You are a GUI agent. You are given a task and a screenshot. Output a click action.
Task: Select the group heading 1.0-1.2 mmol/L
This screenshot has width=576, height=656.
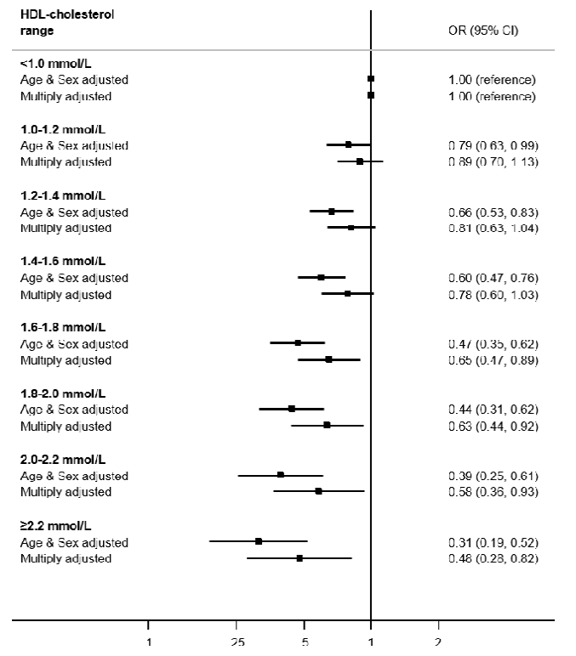[63, 129]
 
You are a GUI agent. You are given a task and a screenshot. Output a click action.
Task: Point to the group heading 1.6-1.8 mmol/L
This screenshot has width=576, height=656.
[63, 327]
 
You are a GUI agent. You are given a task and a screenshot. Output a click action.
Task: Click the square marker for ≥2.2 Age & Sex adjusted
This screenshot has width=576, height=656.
[259, 541]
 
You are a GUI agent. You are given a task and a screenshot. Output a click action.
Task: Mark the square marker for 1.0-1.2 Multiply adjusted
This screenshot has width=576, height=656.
[360, 161]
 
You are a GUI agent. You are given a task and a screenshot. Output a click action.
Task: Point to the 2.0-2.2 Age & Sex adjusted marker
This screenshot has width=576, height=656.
[281, 475]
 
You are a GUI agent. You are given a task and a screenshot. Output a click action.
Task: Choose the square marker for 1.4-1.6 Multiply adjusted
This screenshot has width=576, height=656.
[348, 294]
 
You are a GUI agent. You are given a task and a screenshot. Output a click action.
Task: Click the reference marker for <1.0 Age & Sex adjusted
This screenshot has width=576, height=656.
[371, 79]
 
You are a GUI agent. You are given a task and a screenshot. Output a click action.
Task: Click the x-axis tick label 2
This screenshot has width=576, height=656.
[438, 643]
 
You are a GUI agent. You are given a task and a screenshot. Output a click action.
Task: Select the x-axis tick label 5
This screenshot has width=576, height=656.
[305, 643]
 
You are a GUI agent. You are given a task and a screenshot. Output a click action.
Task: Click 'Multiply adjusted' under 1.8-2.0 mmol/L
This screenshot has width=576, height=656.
[66, 426]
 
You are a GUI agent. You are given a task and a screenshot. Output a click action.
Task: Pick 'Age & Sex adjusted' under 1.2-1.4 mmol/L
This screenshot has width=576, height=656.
[74, 212]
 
